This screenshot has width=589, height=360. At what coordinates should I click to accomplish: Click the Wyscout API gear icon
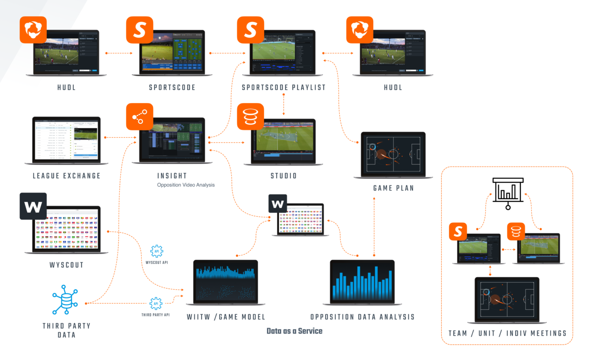pyautogui.click(x=156, y=251)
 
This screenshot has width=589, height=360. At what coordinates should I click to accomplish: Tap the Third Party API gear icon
pyautogui.click(x=156, y=304)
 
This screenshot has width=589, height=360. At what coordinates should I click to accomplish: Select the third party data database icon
pyautogui.click(x=66, y=300)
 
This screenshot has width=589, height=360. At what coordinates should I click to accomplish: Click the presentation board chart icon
pyautogui.click(x=508, y=192)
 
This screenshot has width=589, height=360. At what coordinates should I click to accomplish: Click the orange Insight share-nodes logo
pyautogui.click(x=140, y=117)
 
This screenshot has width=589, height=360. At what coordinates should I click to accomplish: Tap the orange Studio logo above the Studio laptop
pyautogui.click(x=250, y=117)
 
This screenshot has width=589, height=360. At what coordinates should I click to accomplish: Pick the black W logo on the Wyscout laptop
pyautogui.click(x=33, y=206)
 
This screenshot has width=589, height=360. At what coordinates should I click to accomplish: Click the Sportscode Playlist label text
pyautogui.click(x=283, y=88)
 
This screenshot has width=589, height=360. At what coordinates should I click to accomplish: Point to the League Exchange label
pyautogui.click(x=66, y=176)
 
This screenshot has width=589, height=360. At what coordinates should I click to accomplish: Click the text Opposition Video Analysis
pyautogui.click(x=186, y=185)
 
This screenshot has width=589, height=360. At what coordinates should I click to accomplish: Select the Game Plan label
pyautogui.click(x=394, y=188)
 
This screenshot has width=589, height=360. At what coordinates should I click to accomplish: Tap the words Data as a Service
pyautogui.click(x=294, y=331)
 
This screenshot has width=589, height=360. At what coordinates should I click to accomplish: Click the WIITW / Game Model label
pyautogui.click(x=226, y=317)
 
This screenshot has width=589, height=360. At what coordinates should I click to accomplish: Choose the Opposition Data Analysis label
pyautogui.click(x=362, y=317)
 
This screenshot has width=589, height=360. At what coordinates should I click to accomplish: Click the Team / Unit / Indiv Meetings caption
pyautogui.click(x=507, y=333)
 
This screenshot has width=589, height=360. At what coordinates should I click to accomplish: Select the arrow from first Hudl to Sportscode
pyautogui.click(x=119, y=53)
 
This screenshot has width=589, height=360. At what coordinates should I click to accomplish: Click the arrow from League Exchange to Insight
pyautogui.click(x=120, y=138)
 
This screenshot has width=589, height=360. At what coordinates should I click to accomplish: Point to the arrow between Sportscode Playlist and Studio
pyautogui.click(x=283, y=105)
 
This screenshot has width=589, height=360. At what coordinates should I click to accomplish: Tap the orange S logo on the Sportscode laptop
pyautogui.click(x=140, y=30)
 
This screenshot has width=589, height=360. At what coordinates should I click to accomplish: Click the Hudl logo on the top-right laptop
pyautogui.click(x=360, y=30)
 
